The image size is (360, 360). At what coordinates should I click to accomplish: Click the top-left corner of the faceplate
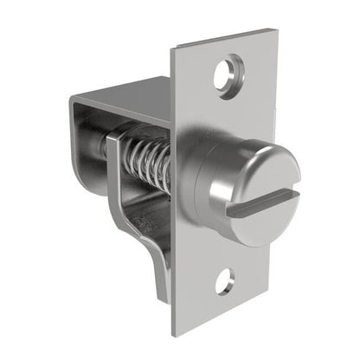click(x=171, y=48)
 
